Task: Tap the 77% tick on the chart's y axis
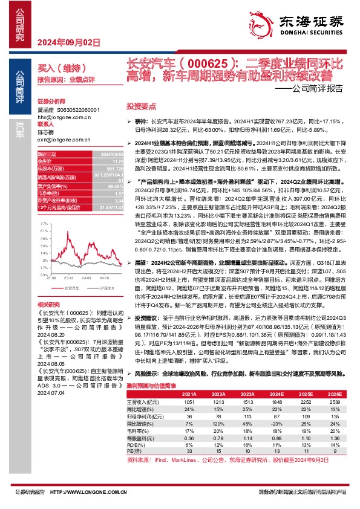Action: (43, 222)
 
